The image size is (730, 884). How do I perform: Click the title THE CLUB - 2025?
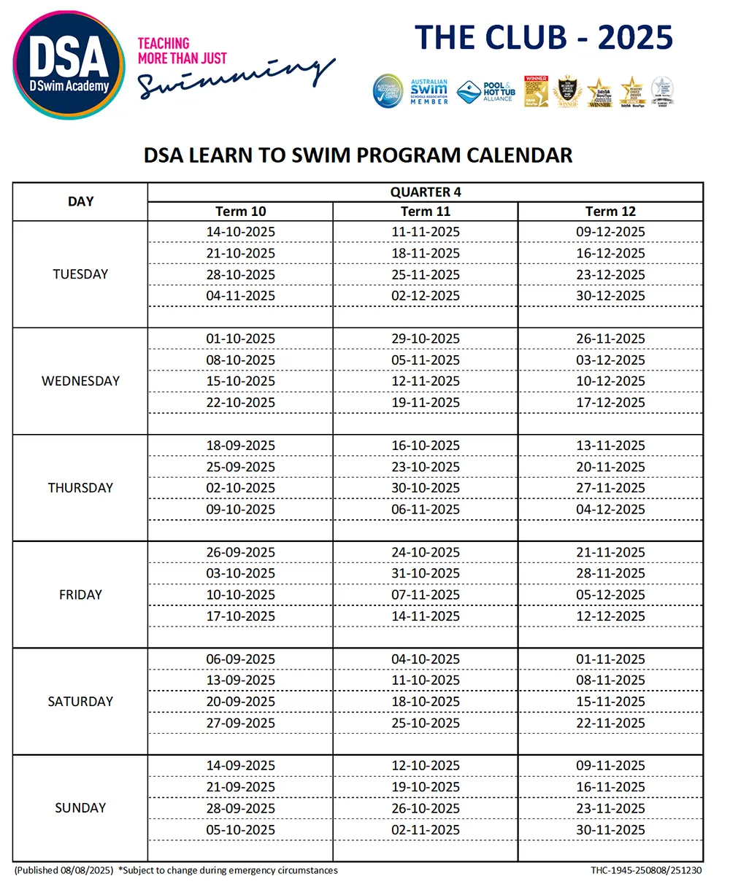[543, 37]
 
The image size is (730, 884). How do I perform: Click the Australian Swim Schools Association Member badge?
[429, 92]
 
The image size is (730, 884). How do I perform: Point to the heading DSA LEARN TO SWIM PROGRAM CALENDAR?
[358, 155]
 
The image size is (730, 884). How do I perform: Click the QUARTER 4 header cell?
[425, 192]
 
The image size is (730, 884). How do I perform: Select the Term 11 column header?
[425, 212]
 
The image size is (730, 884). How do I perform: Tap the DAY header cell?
[80, 201]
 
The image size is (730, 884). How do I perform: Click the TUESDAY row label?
[80, 274]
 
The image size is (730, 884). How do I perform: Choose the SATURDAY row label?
[80, 702]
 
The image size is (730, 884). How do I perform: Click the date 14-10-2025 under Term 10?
[240, 232]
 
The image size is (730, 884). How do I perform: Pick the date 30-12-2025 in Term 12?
[610, 295]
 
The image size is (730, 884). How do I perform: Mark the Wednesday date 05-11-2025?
[425, 360]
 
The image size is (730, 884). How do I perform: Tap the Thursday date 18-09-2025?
[240, 446]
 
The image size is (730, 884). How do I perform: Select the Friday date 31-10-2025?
[425, 573]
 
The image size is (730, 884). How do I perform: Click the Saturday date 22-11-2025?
[610, 723]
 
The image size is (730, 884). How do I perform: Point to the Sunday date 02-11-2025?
[425, 830]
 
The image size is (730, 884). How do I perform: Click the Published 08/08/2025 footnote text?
[64, 870]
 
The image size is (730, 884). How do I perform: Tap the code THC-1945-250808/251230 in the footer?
[646, 870]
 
